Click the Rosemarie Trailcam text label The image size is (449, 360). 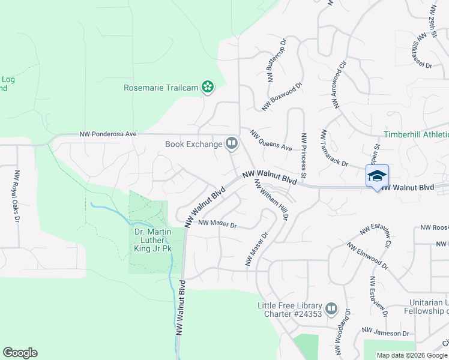160,88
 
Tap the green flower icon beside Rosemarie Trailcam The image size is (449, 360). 208,88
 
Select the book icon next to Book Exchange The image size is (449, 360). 232,143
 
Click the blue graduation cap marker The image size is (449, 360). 377,176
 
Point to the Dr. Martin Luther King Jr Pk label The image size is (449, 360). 152,240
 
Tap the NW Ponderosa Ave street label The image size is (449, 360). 109,135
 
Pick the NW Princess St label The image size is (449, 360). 304,155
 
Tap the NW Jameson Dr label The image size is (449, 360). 385,332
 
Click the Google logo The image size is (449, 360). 20,353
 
